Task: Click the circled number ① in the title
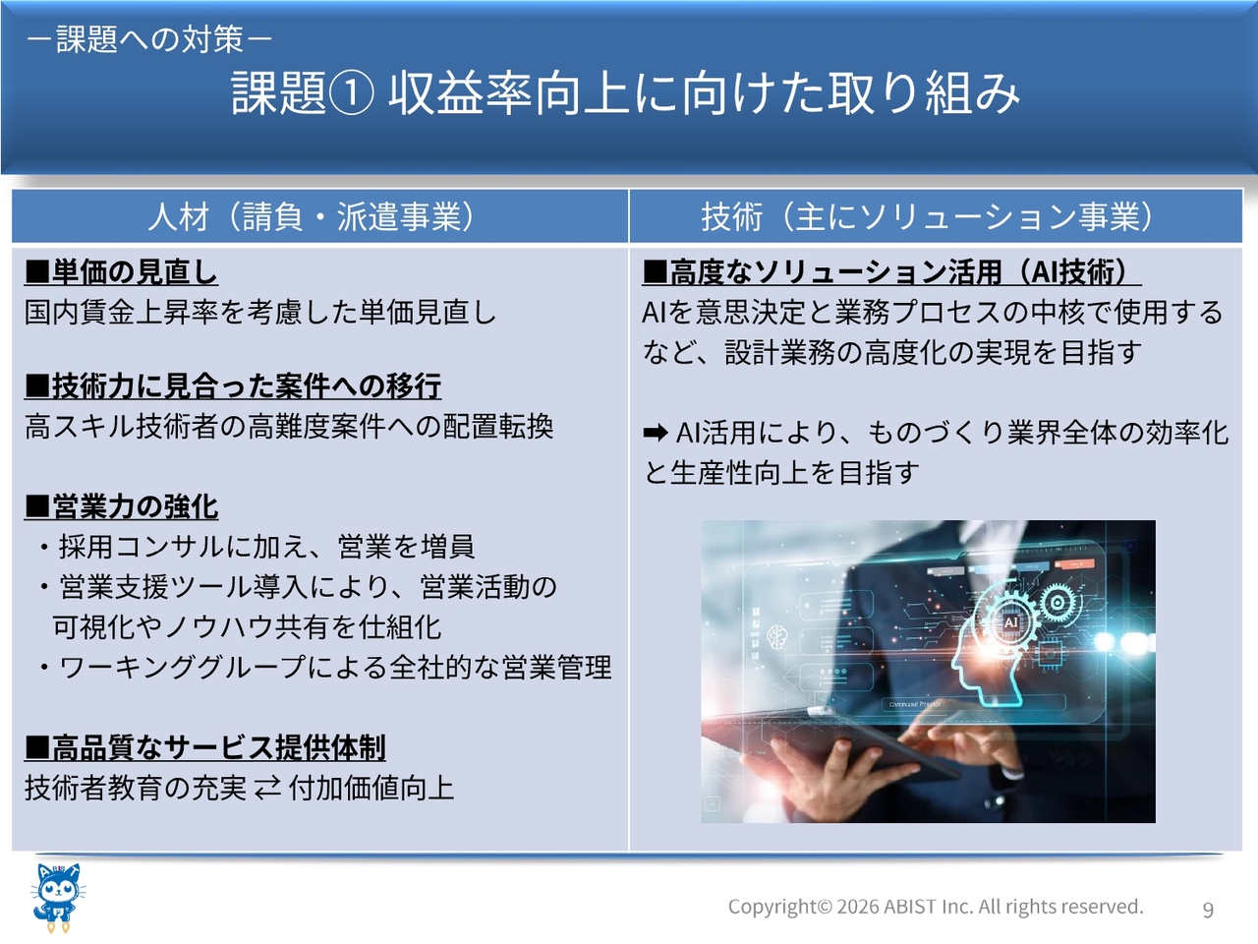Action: (351, 93)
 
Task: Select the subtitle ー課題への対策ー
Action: (149, 39)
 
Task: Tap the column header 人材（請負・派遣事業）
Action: (312, 217)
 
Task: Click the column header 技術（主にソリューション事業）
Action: (928, 217)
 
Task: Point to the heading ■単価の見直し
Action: (121, 271)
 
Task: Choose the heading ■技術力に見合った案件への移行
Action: (233, 385)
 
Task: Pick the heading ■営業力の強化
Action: (121, 506)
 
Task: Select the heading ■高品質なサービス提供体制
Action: (204, 748)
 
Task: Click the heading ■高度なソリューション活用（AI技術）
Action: (891, 271)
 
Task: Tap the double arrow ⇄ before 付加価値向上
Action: (267, 788)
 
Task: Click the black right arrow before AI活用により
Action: (656, 433)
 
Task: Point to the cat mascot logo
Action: (58, 898)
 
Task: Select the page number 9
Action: (1208, 909)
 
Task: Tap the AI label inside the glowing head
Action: (1010, 621)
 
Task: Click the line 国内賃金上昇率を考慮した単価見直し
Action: (260, 313)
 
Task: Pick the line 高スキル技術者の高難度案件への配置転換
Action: (289, 427)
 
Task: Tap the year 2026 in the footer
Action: (858, 907)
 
